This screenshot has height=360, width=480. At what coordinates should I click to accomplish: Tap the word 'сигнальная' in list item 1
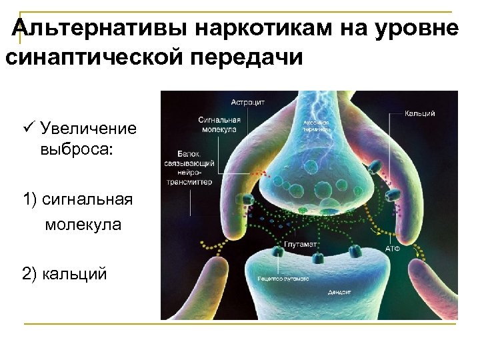point(87,199)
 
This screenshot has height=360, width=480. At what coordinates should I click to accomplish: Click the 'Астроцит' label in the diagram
point(248,103)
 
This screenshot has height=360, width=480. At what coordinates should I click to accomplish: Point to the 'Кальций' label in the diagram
point(420,114)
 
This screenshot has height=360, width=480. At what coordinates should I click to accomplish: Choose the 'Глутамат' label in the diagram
point(301,245)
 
